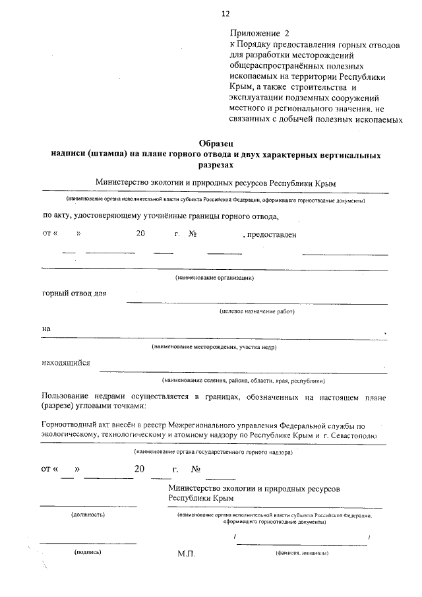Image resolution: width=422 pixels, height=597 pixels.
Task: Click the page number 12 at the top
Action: click(x=226, y=13)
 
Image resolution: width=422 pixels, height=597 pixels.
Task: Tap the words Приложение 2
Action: click(x=260, y=32)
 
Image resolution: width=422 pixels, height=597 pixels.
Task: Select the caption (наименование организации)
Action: click(x=214, y=278)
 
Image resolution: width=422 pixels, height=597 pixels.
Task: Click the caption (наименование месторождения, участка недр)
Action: click(x=214, y=347)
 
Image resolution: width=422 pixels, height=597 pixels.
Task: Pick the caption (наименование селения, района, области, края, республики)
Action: click(x=243, y=381)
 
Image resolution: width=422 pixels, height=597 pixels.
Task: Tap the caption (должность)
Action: click(x=88, y=514)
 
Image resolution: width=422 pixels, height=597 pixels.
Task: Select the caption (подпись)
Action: click(x=87, y=553)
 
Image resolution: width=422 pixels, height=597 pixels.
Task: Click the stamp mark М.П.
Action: click(x=187, y=555)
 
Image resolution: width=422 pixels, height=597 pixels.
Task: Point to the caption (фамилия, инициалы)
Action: click(x=302, y=554)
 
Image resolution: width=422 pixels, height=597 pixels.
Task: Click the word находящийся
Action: click(x=66, y=363)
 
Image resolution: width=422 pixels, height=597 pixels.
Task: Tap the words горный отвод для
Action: click(x=74, y=294)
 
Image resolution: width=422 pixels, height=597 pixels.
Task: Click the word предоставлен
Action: click(x=271, y=234)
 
